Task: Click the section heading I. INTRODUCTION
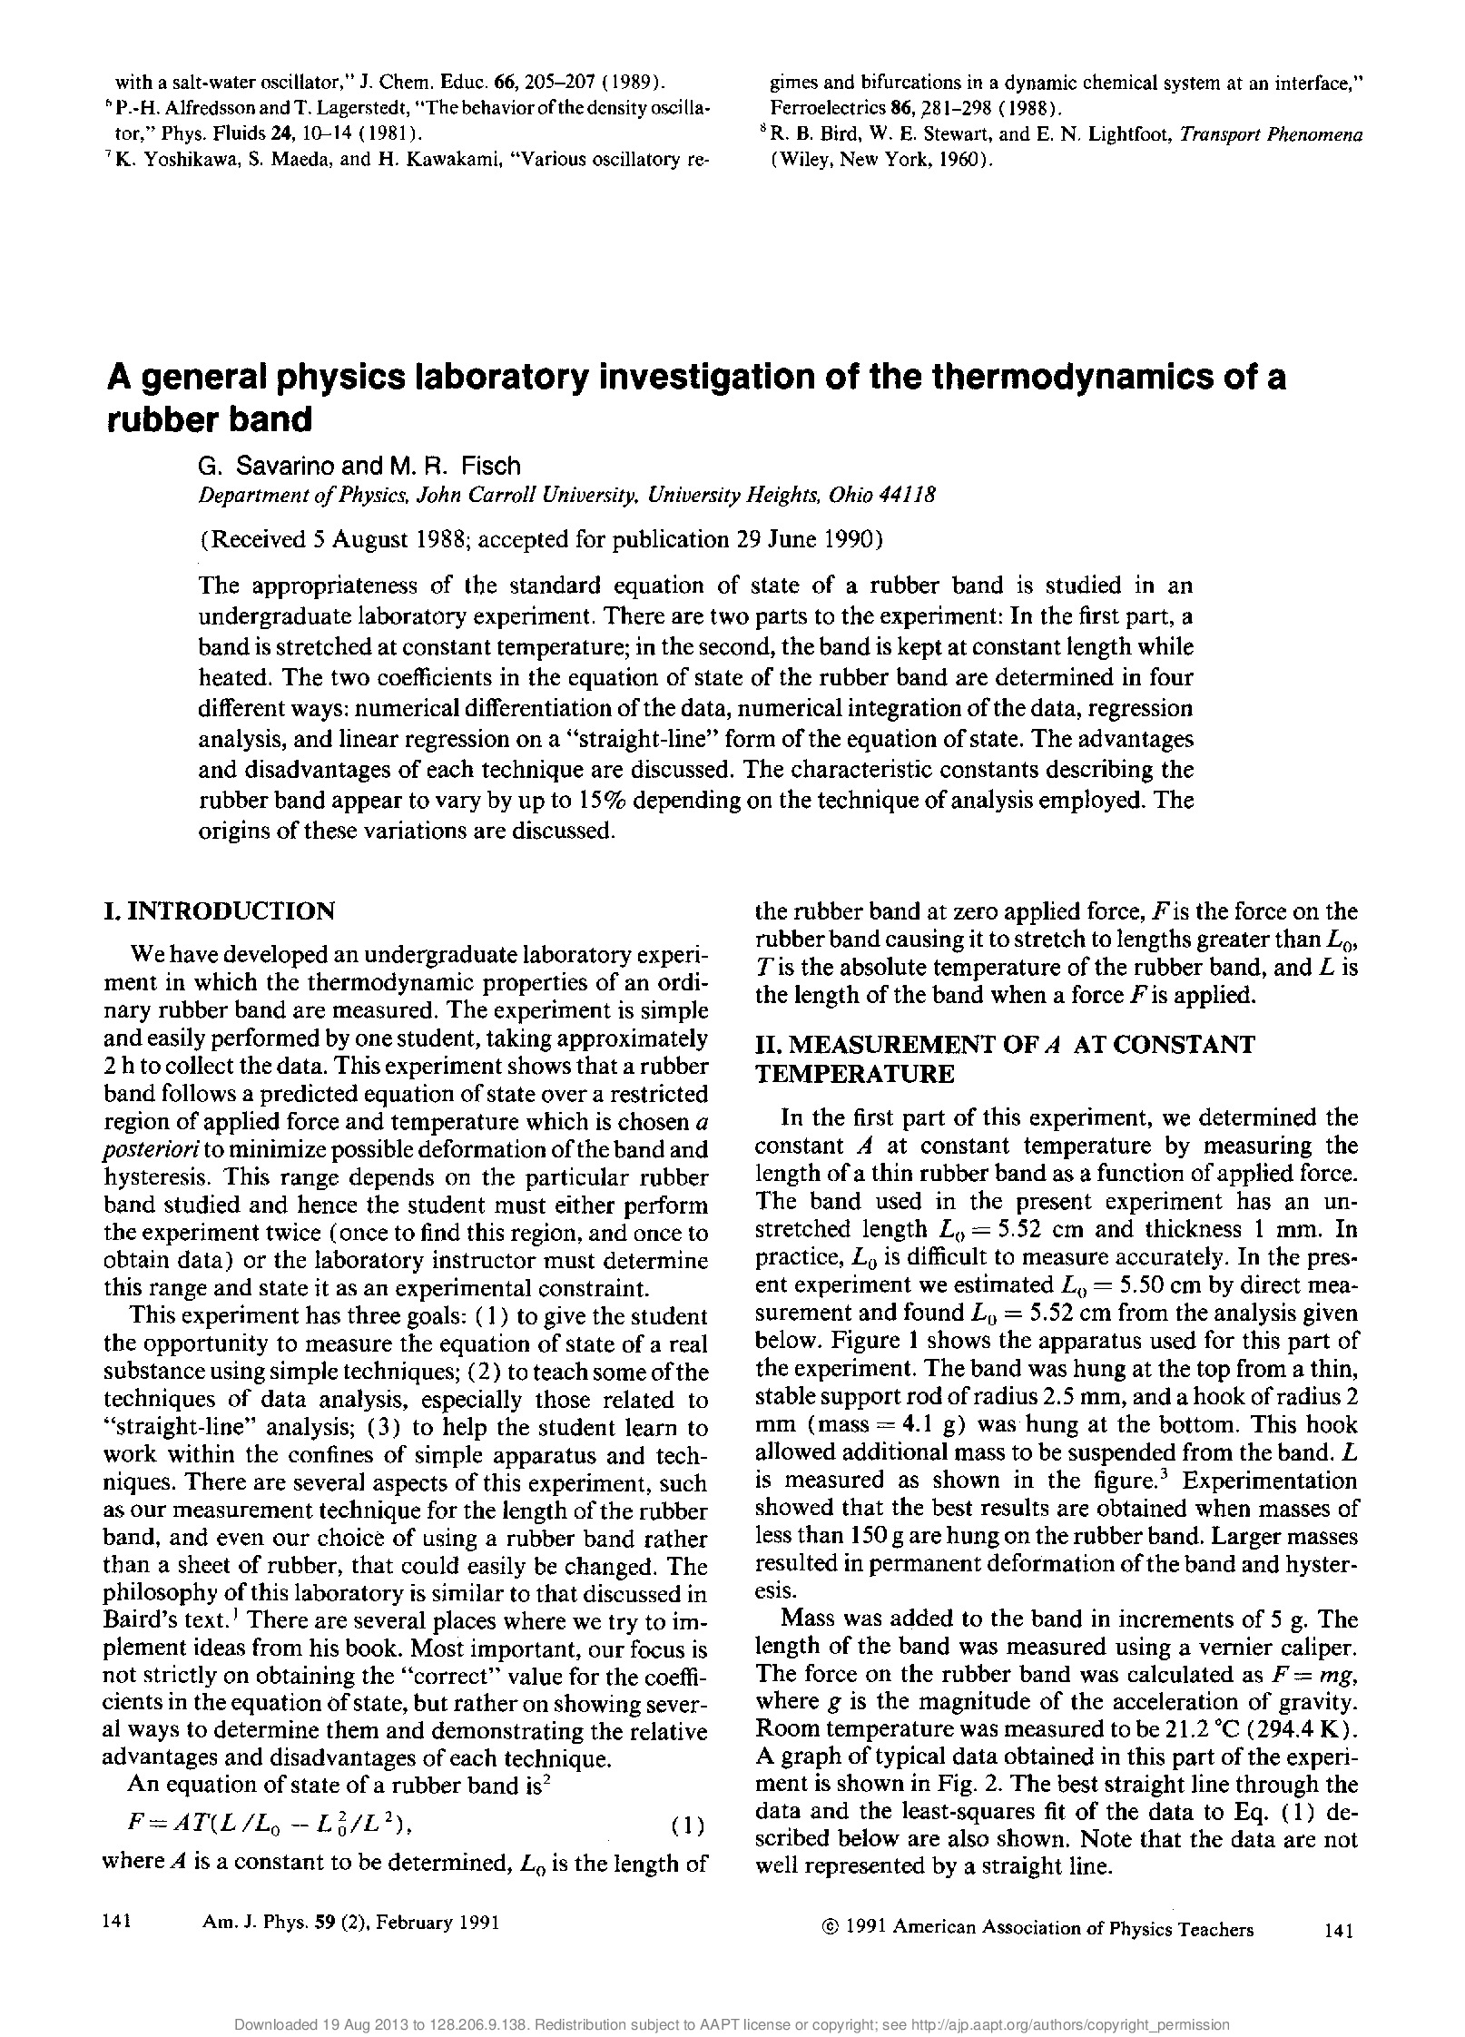tap(220, 910)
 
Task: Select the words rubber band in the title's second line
tap(210, 419)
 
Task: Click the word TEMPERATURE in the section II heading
tap(854, 1074)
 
